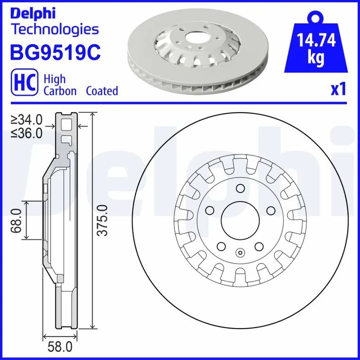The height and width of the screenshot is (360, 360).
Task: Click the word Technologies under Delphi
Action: tap(55, 29)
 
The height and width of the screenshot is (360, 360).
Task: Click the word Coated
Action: tap(102, 91)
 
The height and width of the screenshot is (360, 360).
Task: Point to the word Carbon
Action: tap(60, 91)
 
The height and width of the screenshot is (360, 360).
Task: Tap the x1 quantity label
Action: tap(338, 90)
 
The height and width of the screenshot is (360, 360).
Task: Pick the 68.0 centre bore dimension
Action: tap(16, 221)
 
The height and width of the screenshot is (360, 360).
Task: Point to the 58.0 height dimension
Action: tap(59, 346)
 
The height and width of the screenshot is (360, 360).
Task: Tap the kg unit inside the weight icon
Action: tap(316, 58)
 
